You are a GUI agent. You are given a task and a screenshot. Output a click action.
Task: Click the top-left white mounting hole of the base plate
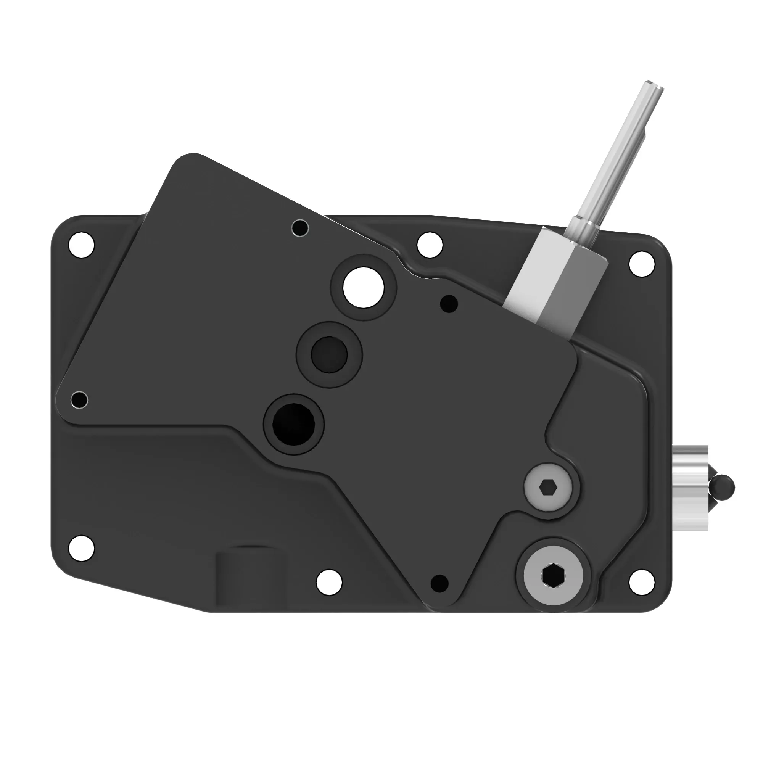[81, 245]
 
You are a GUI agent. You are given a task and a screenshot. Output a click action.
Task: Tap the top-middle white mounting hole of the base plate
[430, 245]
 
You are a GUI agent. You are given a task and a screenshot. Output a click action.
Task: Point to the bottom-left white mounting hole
[81, 548]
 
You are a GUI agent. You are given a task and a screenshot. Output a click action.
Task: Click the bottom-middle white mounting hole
[329, 582]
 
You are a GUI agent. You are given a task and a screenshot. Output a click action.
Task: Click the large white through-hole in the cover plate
[363, 288]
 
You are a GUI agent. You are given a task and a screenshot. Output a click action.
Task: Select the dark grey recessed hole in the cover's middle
[329, 355]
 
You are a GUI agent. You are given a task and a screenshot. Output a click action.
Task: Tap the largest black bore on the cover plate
[294, 424]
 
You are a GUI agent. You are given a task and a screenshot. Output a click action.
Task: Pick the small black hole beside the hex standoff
[449, 304]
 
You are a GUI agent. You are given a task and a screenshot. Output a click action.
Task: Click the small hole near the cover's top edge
[300, 228]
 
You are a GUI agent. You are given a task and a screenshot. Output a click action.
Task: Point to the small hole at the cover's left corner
[79, 400]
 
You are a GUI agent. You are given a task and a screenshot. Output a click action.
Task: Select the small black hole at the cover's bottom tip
[439, 583]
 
